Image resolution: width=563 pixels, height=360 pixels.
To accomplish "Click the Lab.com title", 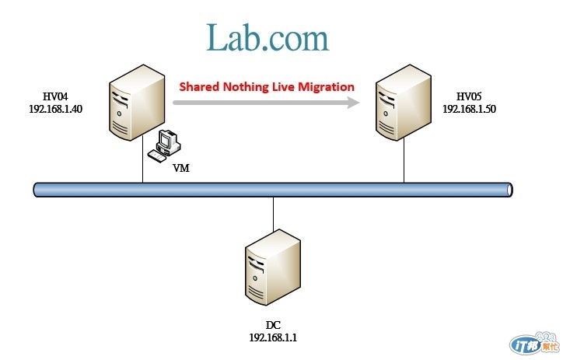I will click(268, 37).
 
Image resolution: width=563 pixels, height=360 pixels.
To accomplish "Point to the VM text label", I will click(180, 167).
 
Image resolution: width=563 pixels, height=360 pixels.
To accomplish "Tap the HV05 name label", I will click(469, 96).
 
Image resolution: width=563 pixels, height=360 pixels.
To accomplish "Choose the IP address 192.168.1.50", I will click(469, 109).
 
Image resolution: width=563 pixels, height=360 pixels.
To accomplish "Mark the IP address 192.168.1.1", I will click(273, 338).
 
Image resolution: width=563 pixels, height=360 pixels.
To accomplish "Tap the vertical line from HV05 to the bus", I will click(404, 163).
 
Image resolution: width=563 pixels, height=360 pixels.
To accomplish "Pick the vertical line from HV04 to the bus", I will click(143, 163).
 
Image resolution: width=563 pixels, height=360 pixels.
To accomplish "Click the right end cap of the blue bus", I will click(509, 189).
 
